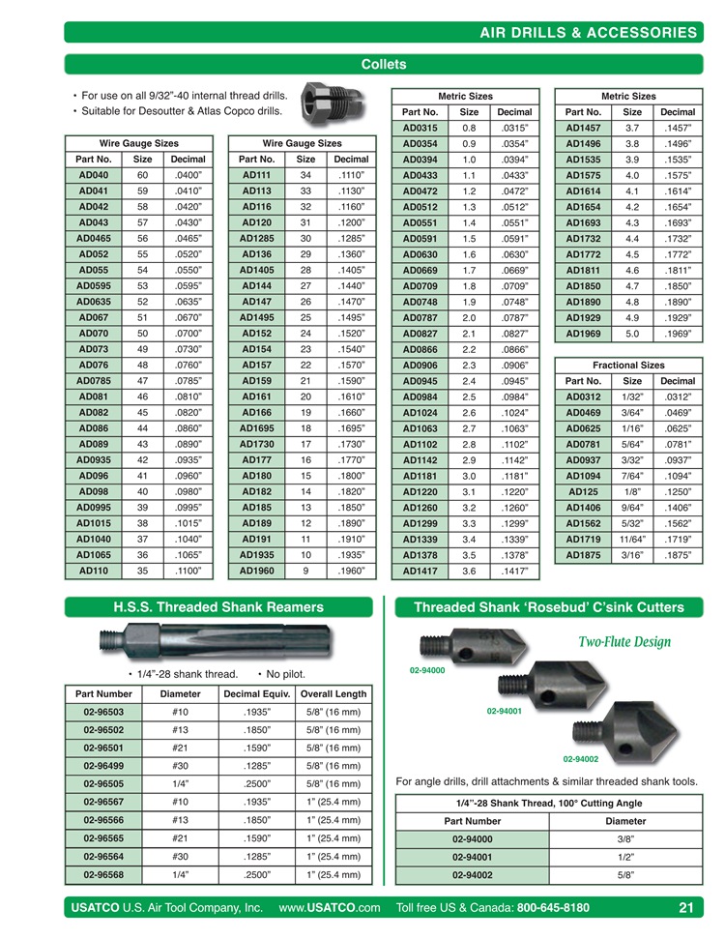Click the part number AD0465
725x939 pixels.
pos(93,237)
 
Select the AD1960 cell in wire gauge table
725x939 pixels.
pos(256,571)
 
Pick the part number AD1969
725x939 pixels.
pos(583,334)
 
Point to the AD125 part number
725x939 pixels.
pos(583,491)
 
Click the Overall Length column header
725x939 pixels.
pos(333,693)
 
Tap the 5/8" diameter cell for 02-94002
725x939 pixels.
pos(625,875)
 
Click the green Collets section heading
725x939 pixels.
pos(383,65)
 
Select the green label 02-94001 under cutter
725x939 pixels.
pos(504,711)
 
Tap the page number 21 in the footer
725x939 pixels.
pos(686,908)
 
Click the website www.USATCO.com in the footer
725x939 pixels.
pos(329,908)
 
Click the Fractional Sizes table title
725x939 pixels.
pos(628,366)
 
